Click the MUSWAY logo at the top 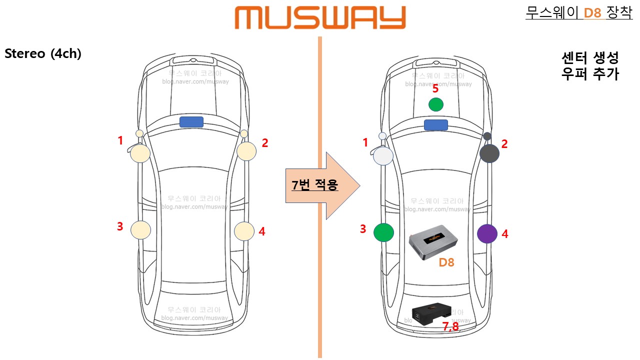(320, 17)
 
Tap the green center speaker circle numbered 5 (436, 104)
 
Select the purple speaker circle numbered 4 (487, 233)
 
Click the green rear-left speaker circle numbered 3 (383, 232)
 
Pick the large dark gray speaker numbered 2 (489, 153)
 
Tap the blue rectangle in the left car (191, 121)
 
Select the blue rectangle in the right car (435, 124)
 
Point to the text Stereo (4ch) (43, 54)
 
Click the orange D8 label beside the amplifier (446, 262)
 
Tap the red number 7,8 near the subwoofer (450, 326)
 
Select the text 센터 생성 (590, 58)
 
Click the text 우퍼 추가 (590, 74)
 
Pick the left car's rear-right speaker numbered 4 (244, 231)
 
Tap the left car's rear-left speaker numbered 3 (140, 229)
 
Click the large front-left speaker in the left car (140, 153)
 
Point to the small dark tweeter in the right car (487, 136)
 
